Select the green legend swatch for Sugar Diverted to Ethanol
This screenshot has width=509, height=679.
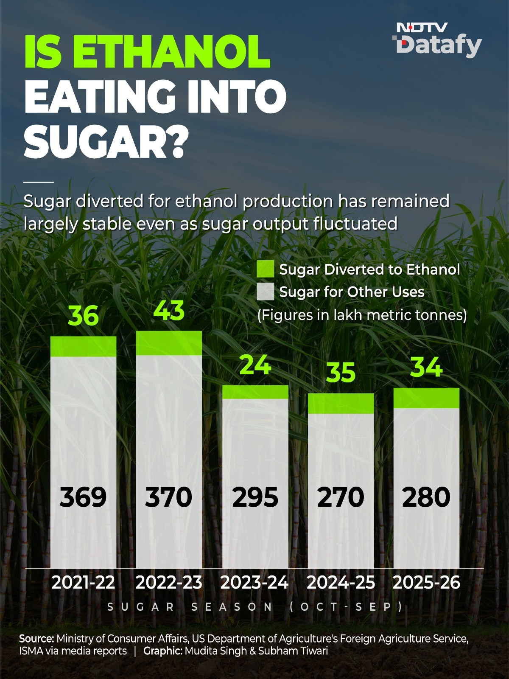point(265,269)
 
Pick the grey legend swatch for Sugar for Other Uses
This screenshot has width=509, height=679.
point(265,292)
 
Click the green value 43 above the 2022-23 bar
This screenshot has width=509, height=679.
point(169,310)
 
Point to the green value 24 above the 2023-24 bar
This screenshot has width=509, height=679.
point(255,365)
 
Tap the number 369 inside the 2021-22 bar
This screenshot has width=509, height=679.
point(83,497)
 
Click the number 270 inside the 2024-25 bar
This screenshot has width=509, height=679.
point(341,497)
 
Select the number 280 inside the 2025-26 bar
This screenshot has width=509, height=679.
point(426,497)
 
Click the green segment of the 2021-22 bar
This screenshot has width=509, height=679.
point(84,346)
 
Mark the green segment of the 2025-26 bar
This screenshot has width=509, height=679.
point(426,398)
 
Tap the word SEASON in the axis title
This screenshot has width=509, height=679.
point(232,607)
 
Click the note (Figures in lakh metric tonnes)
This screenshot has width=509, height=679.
point(362,315)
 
